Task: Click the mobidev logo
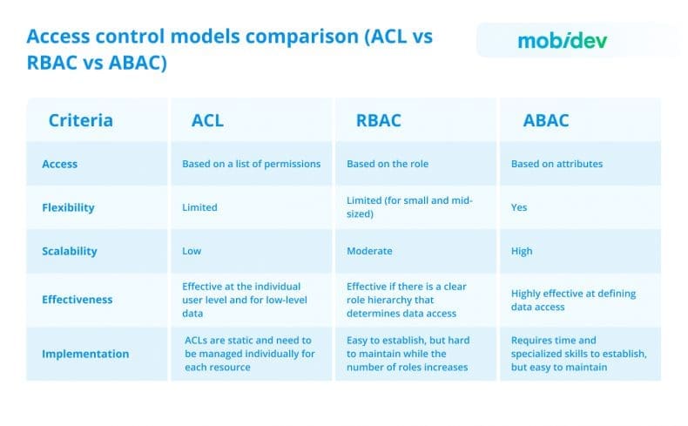[x=562, y=41]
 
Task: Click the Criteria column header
[x=80, y=120]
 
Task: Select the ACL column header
[x=207, y=120]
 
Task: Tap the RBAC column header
[x=379, y=120]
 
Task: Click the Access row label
[x=60, y=164]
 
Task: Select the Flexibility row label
[x=69, y=207]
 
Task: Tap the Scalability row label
[x=70, y=251]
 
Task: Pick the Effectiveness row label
[x=78, y=299]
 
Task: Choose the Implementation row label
[x=85, y=354]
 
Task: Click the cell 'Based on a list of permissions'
[x=251, y=164]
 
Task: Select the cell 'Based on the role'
[x=388, y=164]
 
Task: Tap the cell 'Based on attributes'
[x=556, y=164]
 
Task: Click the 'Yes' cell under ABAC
[x=519, y=208]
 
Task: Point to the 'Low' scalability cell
[x=192, y=251]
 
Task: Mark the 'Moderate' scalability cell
[x=369, y=251]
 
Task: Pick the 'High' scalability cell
[x=522, y=251]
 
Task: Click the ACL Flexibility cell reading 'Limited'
[x=199, y=208]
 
